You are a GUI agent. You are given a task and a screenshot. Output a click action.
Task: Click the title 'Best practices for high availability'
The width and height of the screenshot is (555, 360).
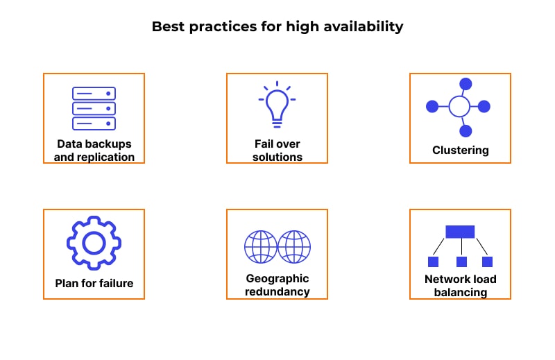click(277, 27)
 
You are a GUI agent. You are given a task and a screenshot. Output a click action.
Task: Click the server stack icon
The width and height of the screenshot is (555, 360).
click(94, 108)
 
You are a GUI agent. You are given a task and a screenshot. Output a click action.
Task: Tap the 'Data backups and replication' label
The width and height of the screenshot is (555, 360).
click(94, 151)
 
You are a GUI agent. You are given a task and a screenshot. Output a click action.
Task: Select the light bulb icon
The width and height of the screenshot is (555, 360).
click(277, 104)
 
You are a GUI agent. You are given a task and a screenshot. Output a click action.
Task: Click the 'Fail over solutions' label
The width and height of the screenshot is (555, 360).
click(277, 151)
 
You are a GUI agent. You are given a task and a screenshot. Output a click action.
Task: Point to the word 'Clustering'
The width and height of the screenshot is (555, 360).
click(460, 150)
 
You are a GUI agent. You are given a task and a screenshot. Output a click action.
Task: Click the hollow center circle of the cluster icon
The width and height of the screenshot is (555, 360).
click(459, 107)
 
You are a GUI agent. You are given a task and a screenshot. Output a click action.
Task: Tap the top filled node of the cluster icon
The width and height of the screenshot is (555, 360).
click(466, 84)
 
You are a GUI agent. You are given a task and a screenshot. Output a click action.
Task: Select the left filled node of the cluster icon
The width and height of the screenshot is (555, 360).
click(432, 107)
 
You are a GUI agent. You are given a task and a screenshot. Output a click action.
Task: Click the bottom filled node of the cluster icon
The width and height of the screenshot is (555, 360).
click(466, 130)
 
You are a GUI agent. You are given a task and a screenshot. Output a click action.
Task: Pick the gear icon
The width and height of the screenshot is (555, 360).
click(94, 242)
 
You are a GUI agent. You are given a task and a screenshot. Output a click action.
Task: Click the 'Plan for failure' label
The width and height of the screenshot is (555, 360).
click(94, 283)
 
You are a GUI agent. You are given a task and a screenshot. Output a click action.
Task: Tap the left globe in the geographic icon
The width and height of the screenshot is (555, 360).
click(261, 247)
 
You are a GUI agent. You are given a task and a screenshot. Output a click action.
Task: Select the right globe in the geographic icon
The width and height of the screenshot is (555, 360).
click(294, 247)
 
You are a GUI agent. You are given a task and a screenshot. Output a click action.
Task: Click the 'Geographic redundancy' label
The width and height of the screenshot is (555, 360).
click(277, 285)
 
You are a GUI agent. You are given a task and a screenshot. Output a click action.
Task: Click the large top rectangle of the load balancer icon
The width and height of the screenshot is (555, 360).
click(460, 232)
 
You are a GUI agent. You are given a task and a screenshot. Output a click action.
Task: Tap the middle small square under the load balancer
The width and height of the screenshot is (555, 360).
click(461, 262)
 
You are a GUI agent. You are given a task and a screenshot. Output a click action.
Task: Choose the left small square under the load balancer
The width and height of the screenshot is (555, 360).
click(434, 262)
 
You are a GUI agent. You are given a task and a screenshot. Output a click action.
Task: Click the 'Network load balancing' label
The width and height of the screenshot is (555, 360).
click(460, 286)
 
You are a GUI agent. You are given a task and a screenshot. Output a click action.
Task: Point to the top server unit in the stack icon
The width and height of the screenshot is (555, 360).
click(94, 94)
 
